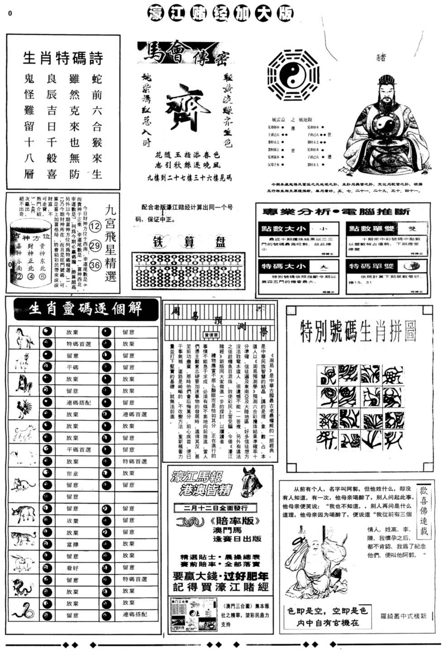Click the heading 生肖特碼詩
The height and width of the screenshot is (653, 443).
[63, 58]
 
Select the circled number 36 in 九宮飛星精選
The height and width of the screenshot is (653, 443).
[95, 265]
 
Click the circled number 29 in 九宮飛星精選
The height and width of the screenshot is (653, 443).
[95, 246]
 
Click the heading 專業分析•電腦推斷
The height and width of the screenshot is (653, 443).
[336, 212]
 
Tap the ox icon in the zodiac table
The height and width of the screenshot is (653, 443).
[24, 514]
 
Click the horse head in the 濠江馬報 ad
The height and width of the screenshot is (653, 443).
[251, 483]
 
